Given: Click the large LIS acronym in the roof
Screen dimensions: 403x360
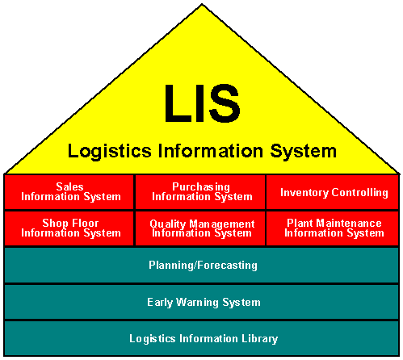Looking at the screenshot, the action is (x=202, y=103).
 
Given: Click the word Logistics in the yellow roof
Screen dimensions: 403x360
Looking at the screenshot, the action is (x=109, y=151).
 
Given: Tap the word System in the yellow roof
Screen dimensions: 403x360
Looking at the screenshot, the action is (x=304, y=152).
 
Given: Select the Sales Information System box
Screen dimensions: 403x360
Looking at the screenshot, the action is (x=69, y=192).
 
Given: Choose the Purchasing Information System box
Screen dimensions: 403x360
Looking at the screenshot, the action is (x=200, y=192).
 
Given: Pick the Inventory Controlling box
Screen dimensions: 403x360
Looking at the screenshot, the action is (x=333, y=192).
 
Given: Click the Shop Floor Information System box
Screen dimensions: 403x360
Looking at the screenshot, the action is (x=69, y=228).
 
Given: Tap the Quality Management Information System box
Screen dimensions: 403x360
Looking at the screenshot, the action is (x=200, y=228).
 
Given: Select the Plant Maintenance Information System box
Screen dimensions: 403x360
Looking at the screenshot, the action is (x=333, y=228).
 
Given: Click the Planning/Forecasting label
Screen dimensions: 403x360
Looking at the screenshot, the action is (x=203, y=266).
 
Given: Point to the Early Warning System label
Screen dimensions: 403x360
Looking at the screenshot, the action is (x=204, y=303).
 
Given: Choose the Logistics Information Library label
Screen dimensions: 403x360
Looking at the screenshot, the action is (x=204, y=339).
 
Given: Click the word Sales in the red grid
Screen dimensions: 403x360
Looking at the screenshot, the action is (x=69, y=186).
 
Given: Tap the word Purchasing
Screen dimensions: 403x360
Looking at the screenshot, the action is (x=201, y=187).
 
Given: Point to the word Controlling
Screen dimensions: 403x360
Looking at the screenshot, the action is (x=359, y=193).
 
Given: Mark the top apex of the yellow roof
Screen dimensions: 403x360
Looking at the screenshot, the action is (x=202, y=4).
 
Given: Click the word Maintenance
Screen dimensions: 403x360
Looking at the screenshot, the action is (x=349, y=223).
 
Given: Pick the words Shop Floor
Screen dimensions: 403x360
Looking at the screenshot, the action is (x=70, y=224).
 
